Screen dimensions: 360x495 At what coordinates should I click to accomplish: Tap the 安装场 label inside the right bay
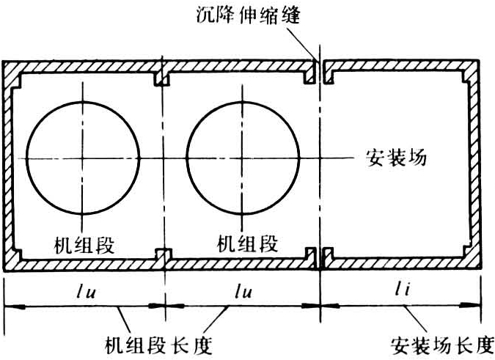click(396, 158)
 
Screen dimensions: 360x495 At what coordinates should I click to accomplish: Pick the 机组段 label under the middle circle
click(249, 243)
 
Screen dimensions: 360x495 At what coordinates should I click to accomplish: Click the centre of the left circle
click(82, 156)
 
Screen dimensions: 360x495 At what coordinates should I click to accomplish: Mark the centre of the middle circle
click(243, 156)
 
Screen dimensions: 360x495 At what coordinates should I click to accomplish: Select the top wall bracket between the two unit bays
click(161, 76)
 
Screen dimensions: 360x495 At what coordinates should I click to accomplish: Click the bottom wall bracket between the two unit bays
click(163, 255)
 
